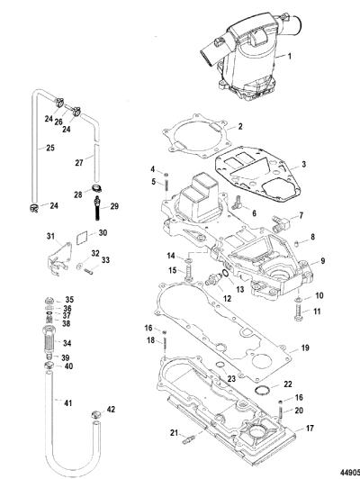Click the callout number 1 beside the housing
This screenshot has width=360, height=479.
[290, 56]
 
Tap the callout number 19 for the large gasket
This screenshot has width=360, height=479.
[305, 348]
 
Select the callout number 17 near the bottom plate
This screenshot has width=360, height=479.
[310, 429]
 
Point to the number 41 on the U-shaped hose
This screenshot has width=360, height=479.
[67, 403]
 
